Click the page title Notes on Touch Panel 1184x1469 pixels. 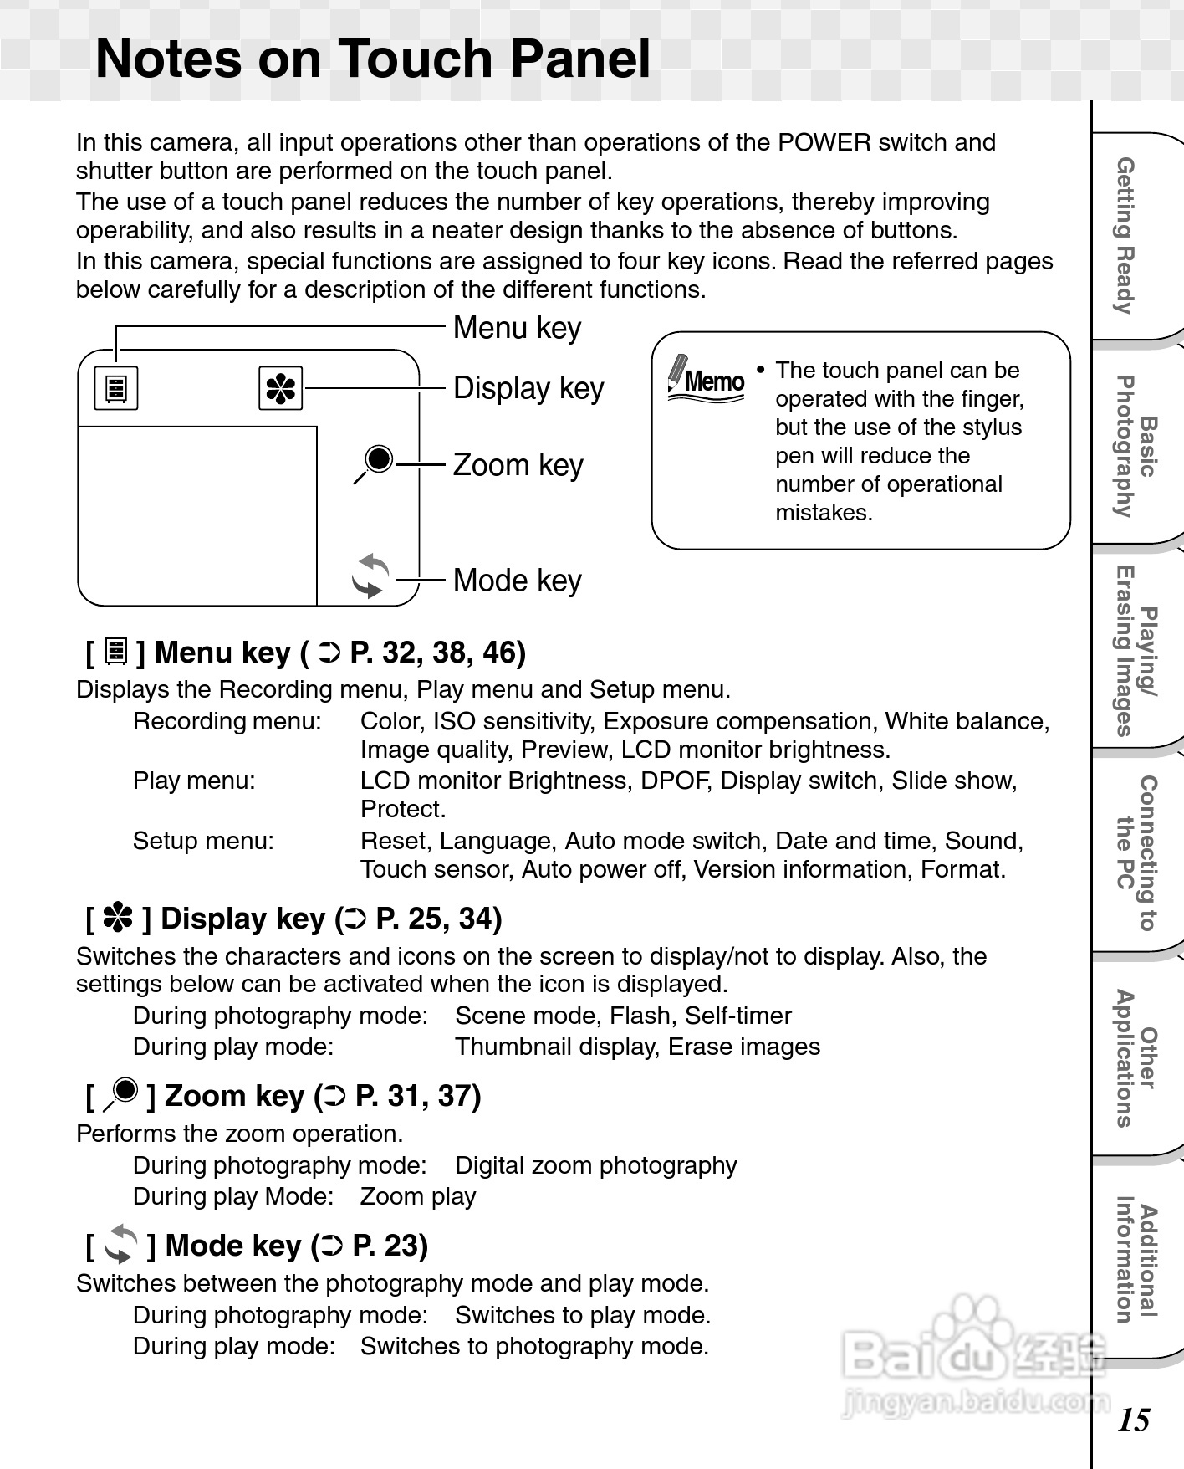coord(373,59)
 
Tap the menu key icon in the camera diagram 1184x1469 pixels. coord(116,389)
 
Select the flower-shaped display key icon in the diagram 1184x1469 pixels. coord(281,389)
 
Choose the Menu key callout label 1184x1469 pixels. coord(517,328)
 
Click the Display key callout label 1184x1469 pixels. coord(528,389)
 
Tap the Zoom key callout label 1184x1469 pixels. coord(518,465)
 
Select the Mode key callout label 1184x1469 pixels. coord(517,581)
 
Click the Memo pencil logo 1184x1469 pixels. coord(707,379)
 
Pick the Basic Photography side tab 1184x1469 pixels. coord(1137,446)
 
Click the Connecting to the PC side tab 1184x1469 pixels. coord(1137,853)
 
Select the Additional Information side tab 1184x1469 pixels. coord(1137,1259)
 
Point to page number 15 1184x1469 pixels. coord(1134,1420)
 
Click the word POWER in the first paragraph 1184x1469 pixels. coord(824,142)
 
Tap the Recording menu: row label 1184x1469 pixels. coord(227,721)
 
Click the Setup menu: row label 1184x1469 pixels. coord(203,841)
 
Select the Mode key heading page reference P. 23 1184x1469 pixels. coord(390,1246)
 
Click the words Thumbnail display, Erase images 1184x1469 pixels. coord(637,1047)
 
